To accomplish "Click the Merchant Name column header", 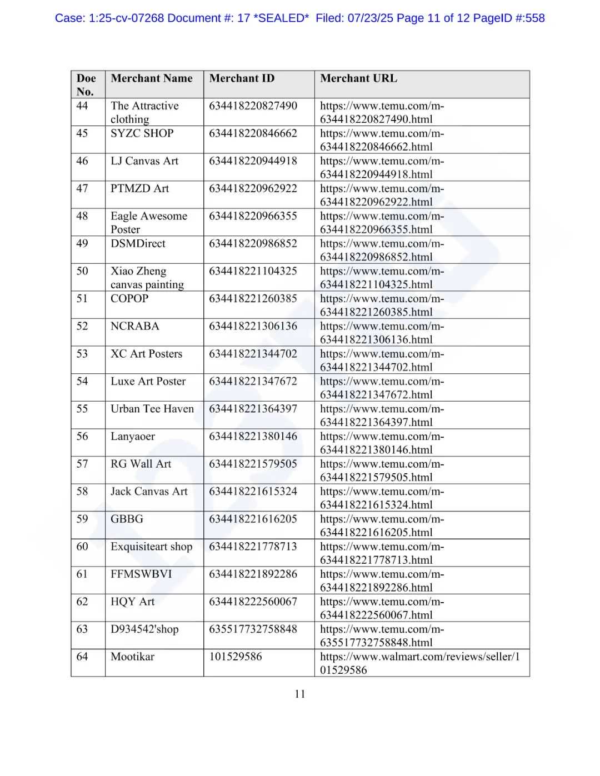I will [x=151, y=78].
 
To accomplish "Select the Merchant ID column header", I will [x=242, y=78].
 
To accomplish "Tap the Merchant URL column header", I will [x=358, y=78].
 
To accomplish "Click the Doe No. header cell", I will [x=86, y=84].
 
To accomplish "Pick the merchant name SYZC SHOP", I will [x=142, y=133].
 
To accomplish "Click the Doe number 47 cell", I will [x=82, y=188].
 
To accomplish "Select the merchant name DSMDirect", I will [x=138, y=243].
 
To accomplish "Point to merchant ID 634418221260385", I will [x=253, y=298].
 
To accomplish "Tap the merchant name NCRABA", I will [x=134, y=326].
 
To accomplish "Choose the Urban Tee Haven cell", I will [x=152, y=409].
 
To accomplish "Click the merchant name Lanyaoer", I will [x=132, y=437].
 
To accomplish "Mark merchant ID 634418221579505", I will [x=253, y=464].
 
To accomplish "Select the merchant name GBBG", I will [x=127, y=519].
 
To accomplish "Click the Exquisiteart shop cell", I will [x=151, y=547].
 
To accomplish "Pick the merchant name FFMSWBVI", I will [x=141, y=574].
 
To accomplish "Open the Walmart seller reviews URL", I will [x=419, y=663].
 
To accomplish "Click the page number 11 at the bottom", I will [x=300, y=694].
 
